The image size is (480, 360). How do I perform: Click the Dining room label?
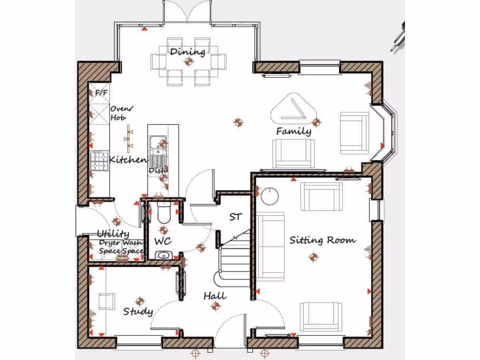187,51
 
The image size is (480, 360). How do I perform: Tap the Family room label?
293,131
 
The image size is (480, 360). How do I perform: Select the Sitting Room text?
322,240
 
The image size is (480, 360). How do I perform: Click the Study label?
138,311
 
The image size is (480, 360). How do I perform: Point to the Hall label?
215,296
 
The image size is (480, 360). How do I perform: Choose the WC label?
163,241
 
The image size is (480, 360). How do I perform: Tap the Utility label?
113,233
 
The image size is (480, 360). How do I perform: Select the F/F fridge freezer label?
101,93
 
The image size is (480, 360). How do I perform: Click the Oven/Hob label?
119,113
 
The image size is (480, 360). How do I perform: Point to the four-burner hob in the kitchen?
99,161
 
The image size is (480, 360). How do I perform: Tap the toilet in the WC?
164,213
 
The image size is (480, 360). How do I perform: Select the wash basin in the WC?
163,255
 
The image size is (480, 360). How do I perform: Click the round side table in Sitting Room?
270,196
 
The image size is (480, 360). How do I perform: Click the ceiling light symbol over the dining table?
188,61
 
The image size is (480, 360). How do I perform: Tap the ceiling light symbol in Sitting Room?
313,256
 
